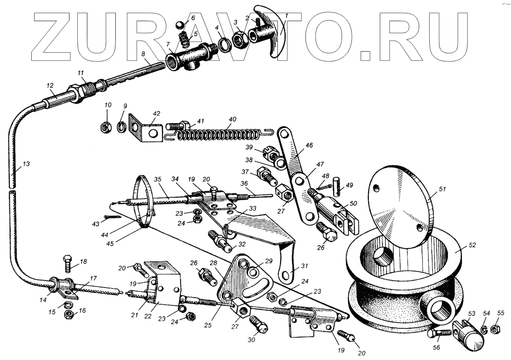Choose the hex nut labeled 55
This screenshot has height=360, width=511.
point(496,328)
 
